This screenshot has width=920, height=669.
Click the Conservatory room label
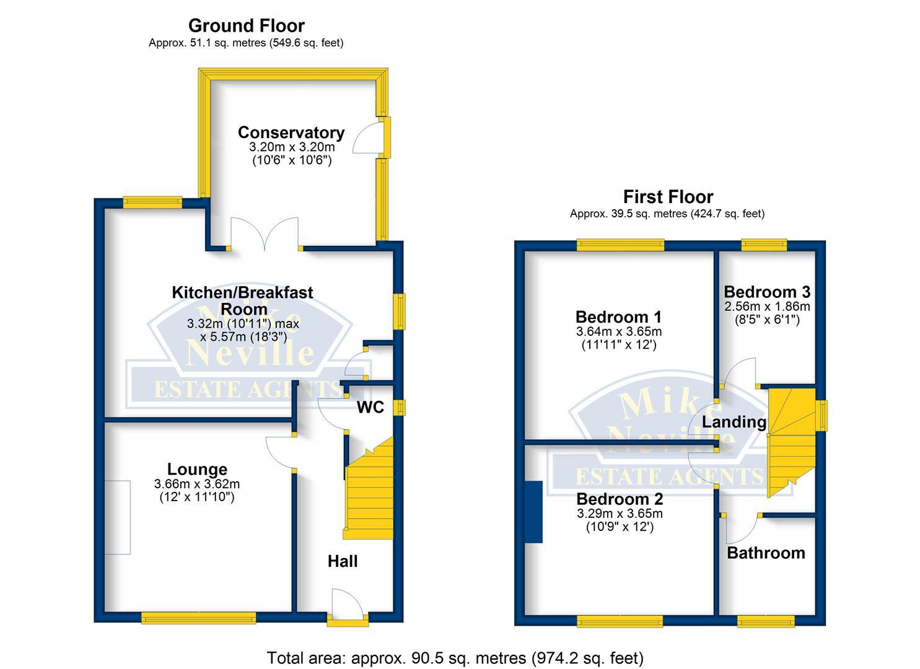(291, 133)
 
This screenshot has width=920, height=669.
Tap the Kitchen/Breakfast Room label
(242, 300)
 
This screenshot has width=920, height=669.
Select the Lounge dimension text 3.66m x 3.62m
(197, 484)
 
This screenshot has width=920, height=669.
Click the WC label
(370, 407)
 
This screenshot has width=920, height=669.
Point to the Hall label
(343, 561)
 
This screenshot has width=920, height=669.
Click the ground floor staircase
(369, 496)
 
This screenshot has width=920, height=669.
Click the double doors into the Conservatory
(265, 235)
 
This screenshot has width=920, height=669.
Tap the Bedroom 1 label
(618, 317)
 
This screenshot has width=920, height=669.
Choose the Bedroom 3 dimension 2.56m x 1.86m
(767, 306)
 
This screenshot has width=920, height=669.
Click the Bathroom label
(766, 553)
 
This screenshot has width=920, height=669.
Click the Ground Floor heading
(246, 25)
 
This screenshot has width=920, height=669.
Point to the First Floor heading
(668, 196)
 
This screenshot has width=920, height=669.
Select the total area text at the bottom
(455, 657)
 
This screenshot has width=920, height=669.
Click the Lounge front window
(198, 617)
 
